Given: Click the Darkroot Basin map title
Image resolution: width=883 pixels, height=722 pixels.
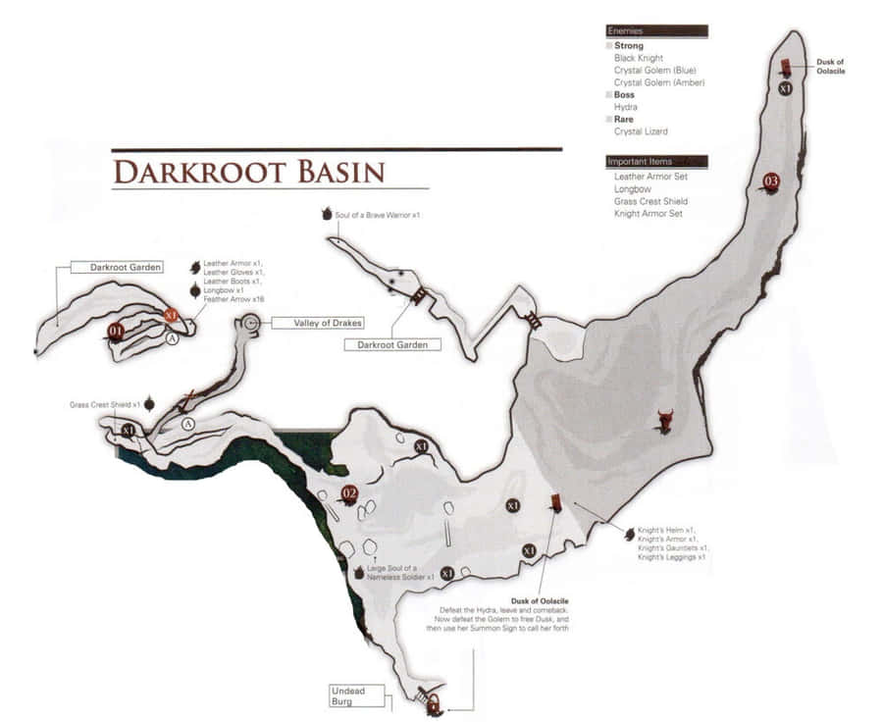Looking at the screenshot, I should point(248,171).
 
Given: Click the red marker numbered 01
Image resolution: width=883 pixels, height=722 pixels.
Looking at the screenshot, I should point(116,332).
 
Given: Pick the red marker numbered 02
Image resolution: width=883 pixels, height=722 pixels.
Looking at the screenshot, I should point(348,493).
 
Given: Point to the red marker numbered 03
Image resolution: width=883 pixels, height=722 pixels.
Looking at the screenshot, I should point(771,180).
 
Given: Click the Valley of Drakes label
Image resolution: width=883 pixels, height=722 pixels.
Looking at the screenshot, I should point(306,323).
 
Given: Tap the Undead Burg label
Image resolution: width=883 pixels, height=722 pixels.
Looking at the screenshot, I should point(347,696).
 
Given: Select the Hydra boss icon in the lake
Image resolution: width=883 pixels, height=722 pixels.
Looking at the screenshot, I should point(665,421).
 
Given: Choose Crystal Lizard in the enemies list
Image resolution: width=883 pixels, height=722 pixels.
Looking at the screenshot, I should point(641,131).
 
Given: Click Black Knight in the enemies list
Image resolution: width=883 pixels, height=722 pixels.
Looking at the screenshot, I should point(639,59).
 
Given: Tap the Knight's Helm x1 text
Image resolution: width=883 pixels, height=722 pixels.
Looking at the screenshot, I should point(666,530).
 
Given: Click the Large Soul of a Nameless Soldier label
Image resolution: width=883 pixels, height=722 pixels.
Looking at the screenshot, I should point(400,573).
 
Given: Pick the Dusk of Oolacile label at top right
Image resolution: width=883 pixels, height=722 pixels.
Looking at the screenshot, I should point(830,66).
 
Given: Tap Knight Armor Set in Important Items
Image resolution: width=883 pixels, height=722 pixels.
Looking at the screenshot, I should point(648,213).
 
